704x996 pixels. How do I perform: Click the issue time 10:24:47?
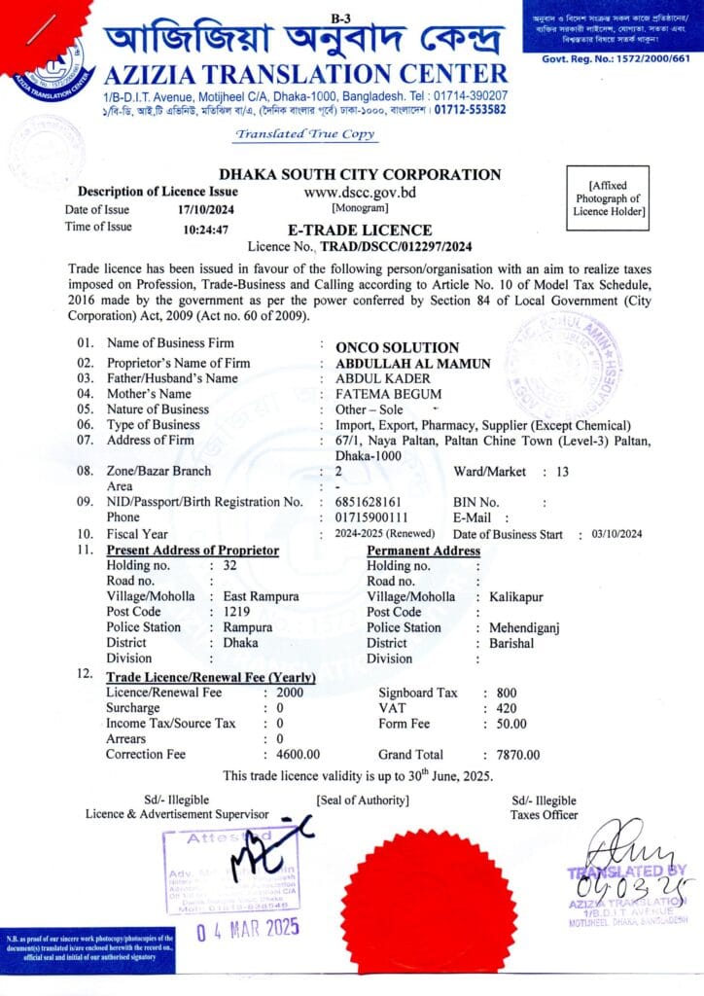tap(205, 231)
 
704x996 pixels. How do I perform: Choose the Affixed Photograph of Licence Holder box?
tap(610, 197)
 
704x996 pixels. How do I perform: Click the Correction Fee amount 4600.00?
tap(299, 755)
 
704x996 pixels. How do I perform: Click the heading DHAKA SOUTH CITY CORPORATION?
tap(360, 175)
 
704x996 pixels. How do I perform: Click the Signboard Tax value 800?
tap(506, 693)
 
